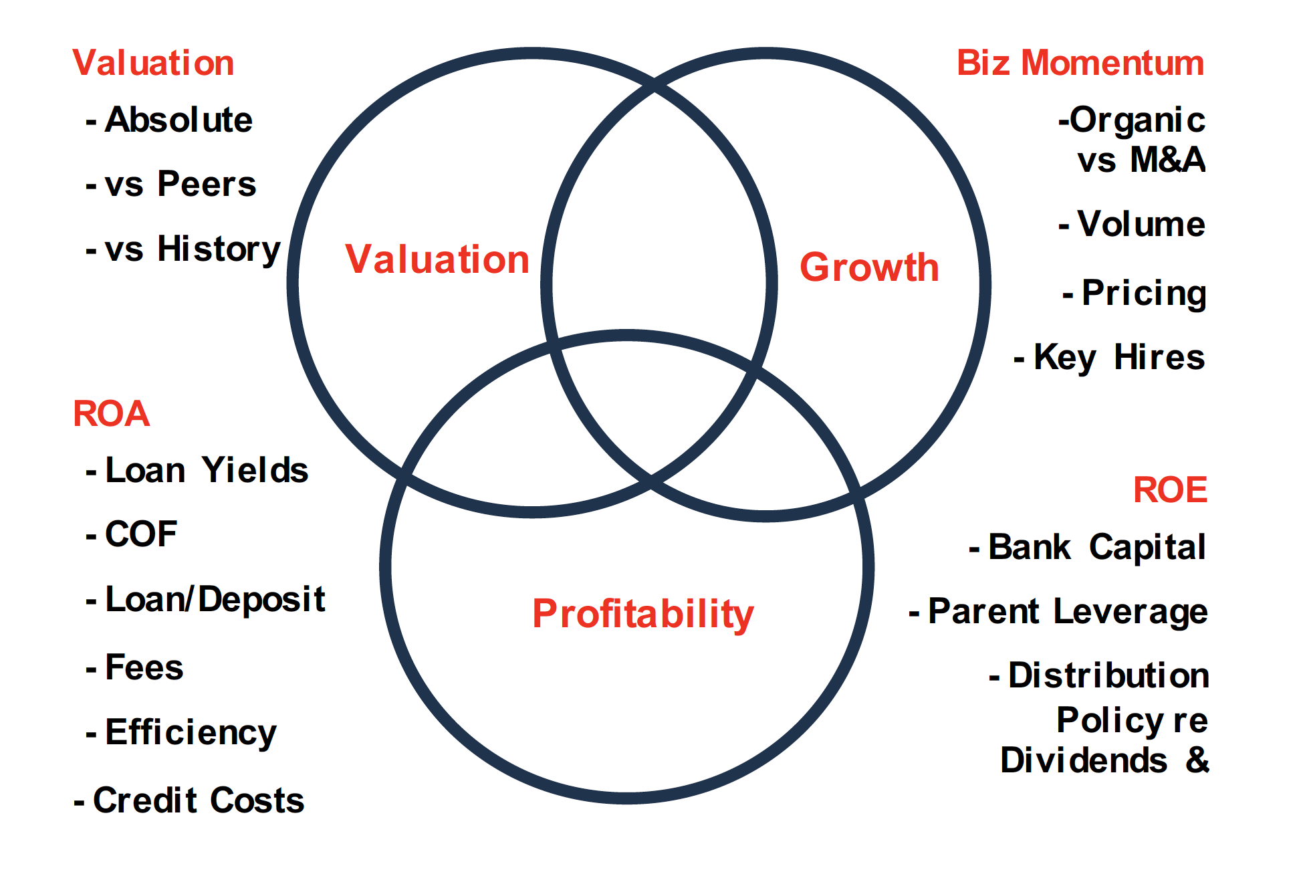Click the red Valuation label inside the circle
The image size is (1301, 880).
(437, 259)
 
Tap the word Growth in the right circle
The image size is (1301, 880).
(869, 267)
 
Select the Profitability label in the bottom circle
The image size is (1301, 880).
(643, 614)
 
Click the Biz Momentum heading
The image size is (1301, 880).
(1080, 63)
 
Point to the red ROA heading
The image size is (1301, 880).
(111, 413)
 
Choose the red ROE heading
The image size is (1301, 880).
(1170, 489)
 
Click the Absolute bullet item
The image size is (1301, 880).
(169, 120)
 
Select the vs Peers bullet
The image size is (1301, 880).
(170, 184)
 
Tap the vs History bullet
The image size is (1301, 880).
(183, 249)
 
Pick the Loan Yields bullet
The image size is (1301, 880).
(197, 469)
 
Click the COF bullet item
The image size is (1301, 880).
(131, 534)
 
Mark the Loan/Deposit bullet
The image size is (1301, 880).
(205, 599)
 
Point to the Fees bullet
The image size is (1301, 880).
(134, 667)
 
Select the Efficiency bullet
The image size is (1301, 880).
(181, 733)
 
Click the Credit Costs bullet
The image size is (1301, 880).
(189, 800)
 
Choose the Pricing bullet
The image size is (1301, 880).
(1135, 294)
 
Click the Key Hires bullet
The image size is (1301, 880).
(1109, 357)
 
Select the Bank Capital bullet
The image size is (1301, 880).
(1088, 547)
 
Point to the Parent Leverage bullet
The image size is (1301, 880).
(1058, 612)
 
